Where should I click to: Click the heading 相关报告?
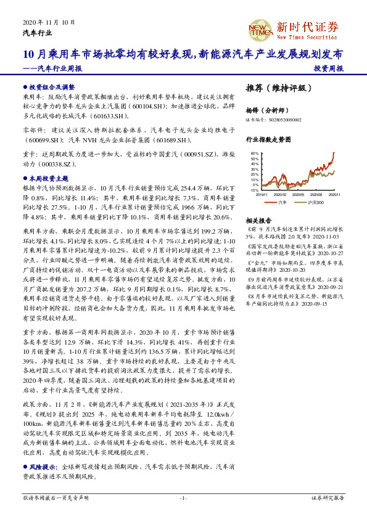(259, 220)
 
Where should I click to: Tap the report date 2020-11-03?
(314, 235)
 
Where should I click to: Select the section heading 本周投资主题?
(48, 178)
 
